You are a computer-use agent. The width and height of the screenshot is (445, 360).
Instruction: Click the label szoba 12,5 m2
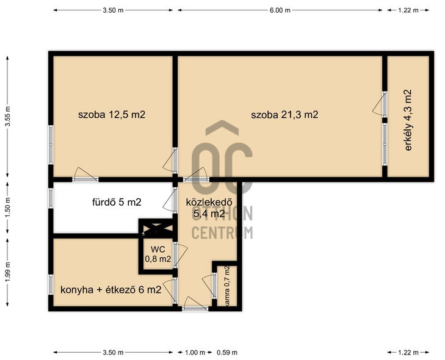tap(112, 115)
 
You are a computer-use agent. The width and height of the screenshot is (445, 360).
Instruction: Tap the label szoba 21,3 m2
tap(284, 115)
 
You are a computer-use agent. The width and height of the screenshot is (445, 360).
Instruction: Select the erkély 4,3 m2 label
tap(408, 120)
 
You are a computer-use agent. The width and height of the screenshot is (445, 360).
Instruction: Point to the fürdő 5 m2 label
tap(117, 202)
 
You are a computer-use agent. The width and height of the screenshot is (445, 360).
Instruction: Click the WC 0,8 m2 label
tap(157, 254)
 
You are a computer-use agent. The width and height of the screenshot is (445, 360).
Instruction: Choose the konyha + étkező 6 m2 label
tap(111, 290)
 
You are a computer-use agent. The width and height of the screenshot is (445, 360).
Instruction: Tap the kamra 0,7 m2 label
tap(226, 286)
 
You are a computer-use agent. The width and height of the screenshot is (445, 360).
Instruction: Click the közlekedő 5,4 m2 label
tap(209, 208)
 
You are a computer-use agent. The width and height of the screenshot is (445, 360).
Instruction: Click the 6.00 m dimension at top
tap(280, 10)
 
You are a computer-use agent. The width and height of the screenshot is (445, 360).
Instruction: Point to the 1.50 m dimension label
tap(8, 207)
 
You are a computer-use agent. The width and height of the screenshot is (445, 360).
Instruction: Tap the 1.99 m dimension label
tap(8, 272)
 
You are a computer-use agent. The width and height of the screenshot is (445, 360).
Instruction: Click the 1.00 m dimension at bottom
tap(195, 353)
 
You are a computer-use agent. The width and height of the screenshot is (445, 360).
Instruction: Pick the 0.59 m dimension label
tap(227, 353)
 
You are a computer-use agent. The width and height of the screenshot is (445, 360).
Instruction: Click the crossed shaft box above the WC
tap(156, 228)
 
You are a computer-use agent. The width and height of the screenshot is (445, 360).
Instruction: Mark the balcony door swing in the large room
tap(378, 105)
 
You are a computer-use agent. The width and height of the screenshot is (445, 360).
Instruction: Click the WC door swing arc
tap(182, 255)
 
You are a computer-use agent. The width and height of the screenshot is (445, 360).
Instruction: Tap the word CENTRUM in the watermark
tap(222, 233)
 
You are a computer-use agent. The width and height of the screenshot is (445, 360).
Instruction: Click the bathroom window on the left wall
tap(51, 198)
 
